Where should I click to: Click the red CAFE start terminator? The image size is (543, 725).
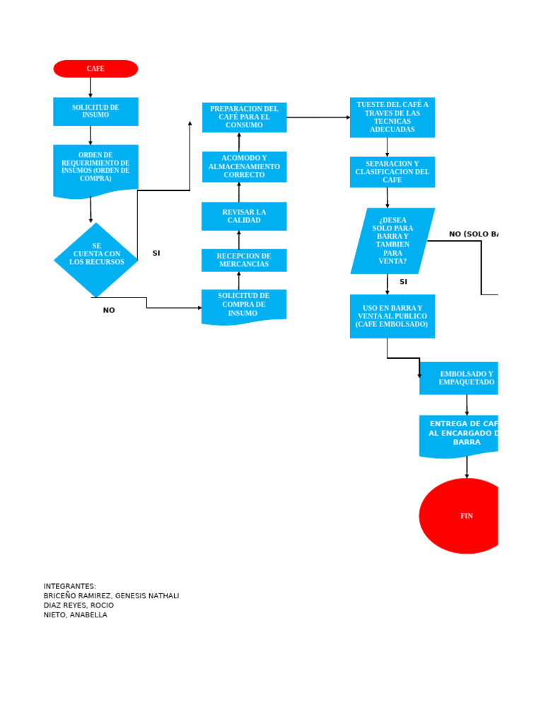click(x=95, y=69)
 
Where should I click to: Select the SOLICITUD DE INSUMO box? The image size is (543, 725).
click(x=95, y=111)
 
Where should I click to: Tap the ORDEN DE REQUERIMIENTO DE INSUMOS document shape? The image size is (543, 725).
click(x=95, y=168)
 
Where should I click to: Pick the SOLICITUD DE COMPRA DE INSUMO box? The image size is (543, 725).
click(x=244, y=305)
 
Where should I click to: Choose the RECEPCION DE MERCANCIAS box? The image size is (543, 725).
click(x=244, y=260)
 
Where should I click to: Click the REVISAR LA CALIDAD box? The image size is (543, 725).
click(x=244, y=216)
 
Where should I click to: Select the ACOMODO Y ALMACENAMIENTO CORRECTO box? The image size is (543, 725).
click(x=244, y=166)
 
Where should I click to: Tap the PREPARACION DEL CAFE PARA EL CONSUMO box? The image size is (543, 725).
click(x=244, y=117)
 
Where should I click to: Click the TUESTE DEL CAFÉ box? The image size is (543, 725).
click(x=392, y=117)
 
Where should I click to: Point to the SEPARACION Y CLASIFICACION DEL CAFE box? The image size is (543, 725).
click(x=392, y=172)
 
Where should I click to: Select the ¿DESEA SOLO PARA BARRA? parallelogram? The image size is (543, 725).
click(x=392, y=241)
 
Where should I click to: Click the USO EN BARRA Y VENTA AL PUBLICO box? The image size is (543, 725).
click(x=392, y=316)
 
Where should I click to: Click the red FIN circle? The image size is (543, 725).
click(x=463, y=516)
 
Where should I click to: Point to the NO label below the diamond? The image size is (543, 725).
click(x=109, y=310)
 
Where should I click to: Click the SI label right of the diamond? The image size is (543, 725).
click(x=156, y=253)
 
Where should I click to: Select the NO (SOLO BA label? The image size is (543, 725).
click(x=473, y=234)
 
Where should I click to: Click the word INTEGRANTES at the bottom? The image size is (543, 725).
click(x=70, y=586)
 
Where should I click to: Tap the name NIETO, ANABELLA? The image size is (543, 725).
click(x=76, y=615)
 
